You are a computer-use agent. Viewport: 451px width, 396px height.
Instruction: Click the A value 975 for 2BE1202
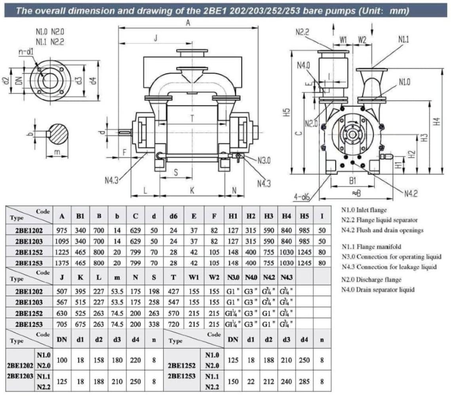(x=62, y=230)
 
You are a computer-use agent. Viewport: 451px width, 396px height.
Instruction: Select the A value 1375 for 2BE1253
(x=62, y=262)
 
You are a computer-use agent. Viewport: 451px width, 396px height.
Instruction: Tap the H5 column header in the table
(x=304, y=216)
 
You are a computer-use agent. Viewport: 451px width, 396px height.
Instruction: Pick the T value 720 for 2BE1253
(x=173, y=324)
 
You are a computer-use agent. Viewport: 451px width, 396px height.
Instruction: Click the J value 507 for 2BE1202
(x=62, y=291)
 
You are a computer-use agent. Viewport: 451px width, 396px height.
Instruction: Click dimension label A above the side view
(x=188, y=23)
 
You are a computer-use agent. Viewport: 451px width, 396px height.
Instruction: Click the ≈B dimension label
(x=357, y=193)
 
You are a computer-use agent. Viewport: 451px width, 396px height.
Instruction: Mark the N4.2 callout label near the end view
(x=412, y=194)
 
